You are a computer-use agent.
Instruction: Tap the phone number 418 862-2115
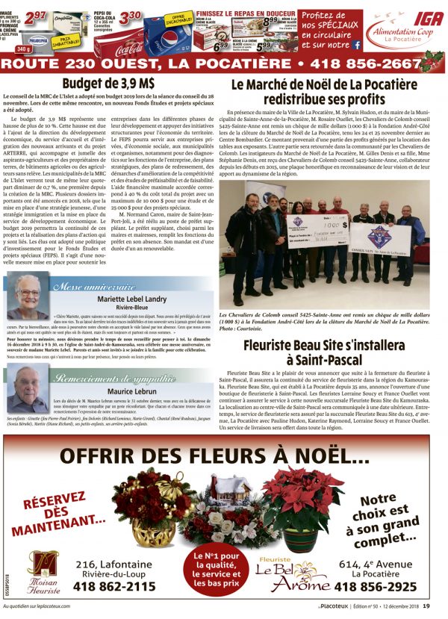pos(115,587)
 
